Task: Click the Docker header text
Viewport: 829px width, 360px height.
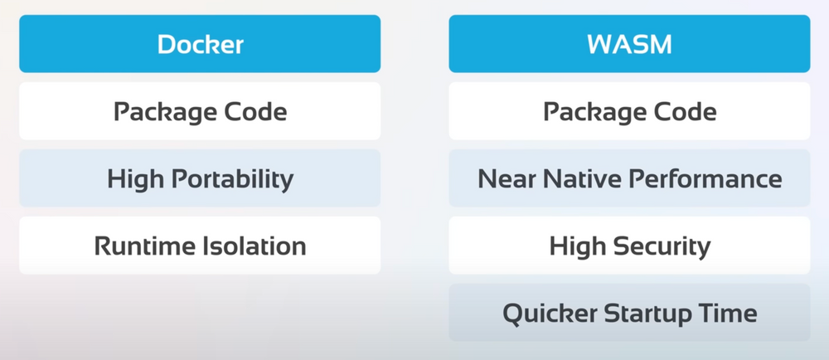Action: pos(200,44)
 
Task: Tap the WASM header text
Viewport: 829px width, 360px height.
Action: pos(629,44)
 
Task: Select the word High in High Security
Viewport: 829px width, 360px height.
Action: pos(575,246)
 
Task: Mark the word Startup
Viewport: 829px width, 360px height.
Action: pos(644,314)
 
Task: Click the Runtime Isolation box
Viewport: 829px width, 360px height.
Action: pos(200,246)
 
